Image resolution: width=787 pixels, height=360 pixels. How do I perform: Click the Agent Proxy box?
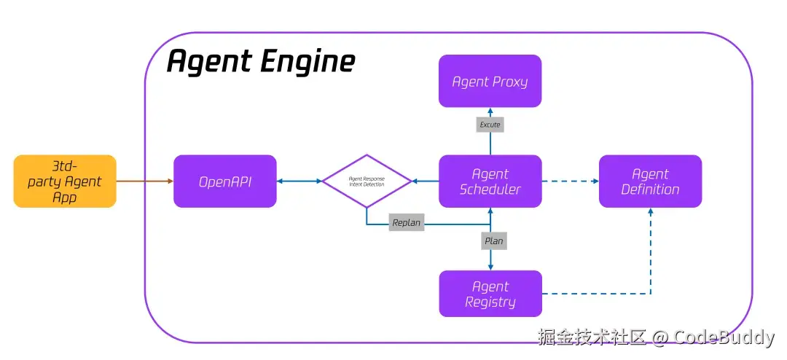490,81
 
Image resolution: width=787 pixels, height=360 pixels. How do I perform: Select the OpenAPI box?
224,181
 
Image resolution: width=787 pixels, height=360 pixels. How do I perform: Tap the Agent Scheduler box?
490,181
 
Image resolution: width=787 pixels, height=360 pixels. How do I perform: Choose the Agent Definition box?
650,181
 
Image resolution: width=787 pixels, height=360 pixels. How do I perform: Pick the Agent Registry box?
490,294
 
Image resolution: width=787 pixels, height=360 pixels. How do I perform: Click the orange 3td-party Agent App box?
65,181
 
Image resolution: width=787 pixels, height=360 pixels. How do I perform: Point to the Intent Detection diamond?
367,181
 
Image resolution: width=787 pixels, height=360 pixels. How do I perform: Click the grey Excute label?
490,125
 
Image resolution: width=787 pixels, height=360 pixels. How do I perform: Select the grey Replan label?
406,223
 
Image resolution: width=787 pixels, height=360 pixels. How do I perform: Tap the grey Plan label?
493,240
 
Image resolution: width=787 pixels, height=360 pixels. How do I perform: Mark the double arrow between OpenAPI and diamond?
299,181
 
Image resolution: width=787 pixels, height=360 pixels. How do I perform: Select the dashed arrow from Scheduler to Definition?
570,181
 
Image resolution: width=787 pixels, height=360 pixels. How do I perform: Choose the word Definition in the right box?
650,189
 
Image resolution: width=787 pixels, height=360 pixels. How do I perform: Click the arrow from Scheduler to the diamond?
426,181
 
